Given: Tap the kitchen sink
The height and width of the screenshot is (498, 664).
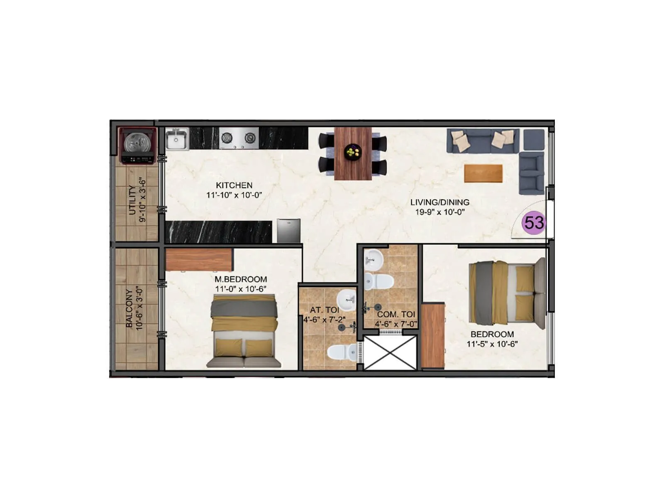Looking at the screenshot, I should click(x=177, y=139).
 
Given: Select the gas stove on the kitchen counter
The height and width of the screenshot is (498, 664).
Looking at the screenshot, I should click(x=238, y=138).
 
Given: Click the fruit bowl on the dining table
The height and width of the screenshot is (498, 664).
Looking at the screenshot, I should click(x=353, y=151).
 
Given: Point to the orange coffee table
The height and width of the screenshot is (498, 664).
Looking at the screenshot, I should click(x=483, y=173).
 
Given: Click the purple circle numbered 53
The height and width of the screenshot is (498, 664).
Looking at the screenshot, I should click(x=534, y=223).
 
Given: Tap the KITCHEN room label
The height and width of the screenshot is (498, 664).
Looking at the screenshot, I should click(x=234, y=186).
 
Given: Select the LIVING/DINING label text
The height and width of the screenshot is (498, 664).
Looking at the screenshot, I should click(x=440, y=203).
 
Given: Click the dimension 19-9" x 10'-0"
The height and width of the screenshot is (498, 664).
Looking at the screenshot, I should click(x=440, y=212).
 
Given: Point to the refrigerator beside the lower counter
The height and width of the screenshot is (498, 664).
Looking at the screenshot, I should click(x=288, y=231).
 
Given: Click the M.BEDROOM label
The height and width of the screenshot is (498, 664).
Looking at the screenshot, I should click(x=241, y=279).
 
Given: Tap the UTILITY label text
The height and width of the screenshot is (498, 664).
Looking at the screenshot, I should click(x=132, y=200).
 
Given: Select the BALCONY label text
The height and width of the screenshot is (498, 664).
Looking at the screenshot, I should click(x=129, y=308).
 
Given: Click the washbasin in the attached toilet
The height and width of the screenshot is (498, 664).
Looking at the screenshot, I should click(x=346, y=298).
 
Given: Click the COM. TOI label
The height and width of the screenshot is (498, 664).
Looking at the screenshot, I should click(x=396, y=315).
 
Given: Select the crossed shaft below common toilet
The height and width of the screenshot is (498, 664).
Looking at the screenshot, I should click(x=390, y=352).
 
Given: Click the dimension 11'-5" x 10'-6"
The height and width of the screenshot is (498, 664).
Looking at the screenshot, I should click(x=492, y=344).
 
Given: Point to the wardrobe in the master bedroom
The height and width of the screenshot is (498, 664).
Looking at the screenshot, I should click(x=199, y=259).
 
